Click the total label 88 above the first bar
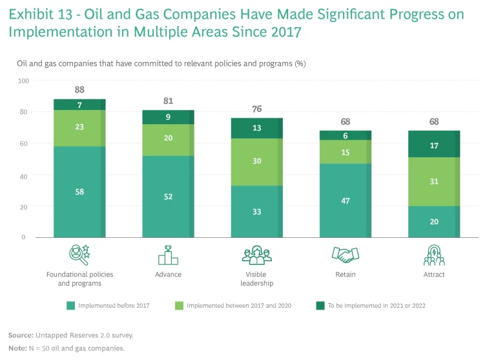point(79,90)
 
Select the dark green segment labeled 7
point(79,105)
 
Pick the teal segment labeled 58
point(79,192)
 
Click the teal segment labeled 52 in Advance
point(169,196)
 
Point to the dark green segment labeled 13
point(258,128)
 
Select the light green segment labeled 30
point(258,162)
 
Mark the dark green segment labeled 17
point(434,146)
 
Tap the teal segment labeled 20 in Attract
point(434,222)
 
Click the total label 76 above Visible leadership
point(258,109)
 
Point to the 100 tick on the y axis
point(24,81)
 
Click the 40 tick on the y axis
point(24,175)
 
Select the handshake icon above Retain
point(346,255)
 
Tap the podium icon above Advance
point(168,255)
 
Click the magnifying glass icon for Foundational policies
point(79,255)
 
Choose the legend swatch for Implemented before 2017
point(71,305)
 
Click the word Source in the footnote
point(20,335)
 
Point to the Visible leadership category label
point(258,279)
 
